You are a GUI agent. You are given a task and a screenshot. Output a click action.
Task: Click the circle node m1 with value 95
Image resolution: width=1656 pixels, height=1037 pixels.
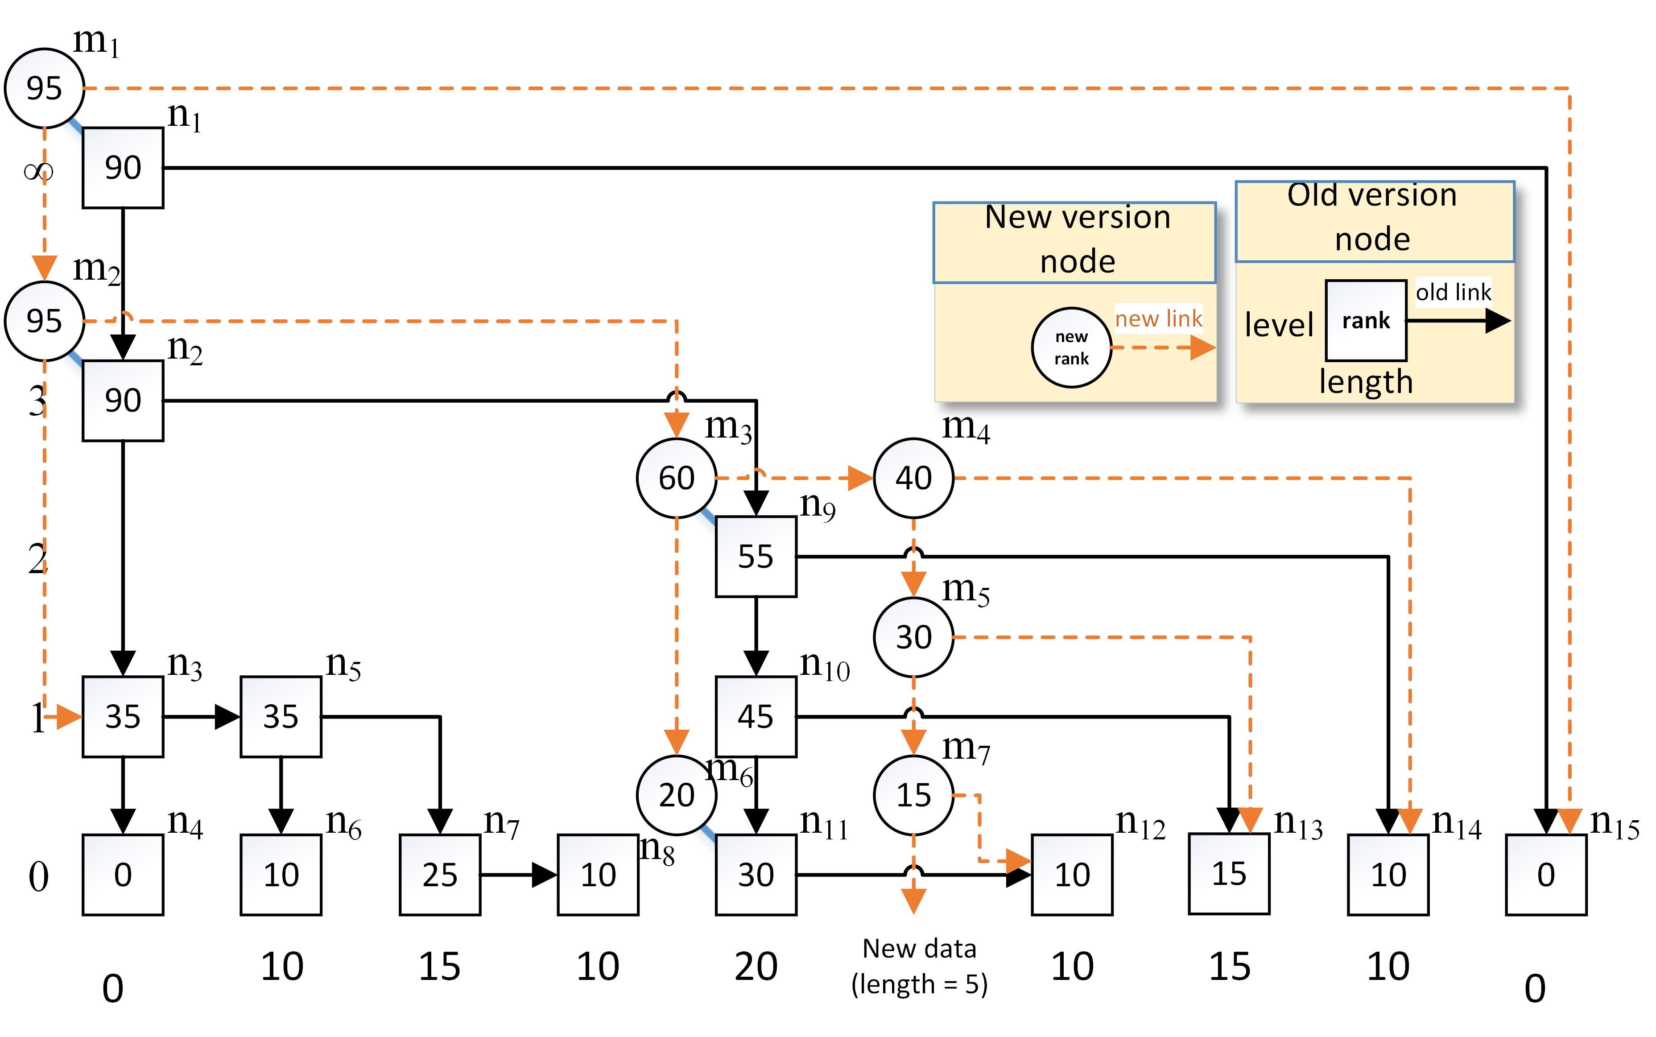tap(44, 88)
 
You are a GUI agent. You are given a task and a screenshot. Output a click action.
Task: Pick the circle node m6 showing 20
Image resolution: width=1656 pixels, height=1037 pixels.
tap(676, 795)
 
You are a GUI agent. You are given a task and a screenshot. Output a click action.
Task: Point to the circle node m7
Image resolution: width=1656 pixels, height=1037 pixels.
tap(913, 795)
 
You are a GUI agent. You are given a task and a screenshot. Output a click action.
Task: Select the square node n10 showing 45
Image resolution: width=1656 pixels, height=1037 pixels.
tap(756, 717)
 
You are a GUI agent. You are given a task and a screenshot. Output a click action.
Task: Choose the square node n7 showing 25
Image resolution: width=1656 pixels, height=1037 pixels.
tap(440, 875)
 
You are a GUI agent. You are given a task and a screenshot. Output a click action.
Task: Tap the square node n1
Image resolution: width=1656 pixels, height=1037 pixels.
tap(123, 167)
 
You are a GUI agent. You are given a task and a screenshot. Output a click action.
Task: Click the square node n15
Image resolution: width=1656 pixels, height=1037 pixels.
tap(1545, 875)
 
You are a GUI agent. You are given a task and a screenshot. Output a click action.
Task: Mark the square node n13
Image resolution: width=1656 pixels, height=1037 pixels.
tap(1229, 874)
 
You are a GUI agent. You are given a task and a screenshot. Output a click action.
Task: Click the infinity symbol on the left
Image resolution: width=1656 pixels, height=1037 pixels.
tap(38, 171)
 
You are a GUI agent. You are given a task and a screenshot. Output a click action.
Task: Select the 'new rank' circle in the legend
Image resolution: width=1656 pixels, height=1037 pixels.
tap(1071, 348)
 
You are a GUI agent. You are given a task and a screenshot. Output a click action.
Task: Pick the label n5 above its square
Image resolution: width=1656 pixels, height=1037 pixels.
tap(343, 665)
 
